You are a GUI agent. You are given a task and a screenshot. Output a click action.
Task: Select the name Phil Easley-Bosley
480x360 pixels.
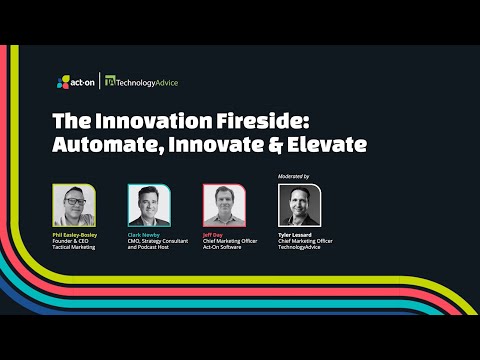click(80, 232)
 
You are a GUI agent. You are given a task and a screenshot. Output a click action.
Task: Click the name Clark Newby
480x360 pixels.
click(146, 232)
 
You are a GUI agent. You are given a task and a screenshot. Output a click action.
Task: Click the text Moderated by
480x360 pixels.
click(293, 176)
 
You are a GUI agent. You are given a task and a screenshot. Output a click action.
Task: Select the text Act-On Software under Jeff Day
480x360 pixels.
click(224, 246)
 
